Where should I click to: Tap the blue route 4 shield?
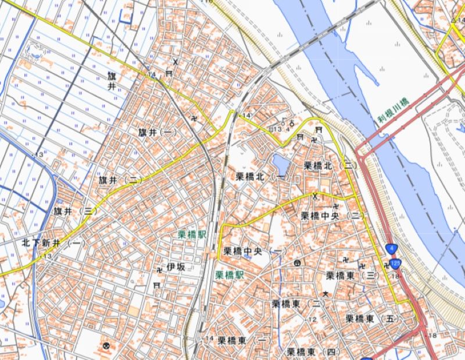(x=390, y=248)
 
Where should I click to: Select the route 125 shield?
(x=396, y=263)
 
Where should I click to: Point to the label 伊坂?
(x=176, y=267)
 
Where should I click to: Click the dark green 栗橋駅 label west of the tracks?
(x=192, y=234)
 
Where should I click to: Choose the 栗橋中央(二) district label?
(x=333, y=216)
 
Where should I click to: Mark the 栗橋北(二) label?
(x=331, y=165)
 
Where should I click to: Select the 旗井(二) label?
(x=121, y=180)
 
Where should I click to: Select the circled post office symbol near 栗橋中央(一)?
(x=297, y=263)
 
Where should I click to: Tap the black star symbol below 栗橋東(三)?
(x=326, y=294)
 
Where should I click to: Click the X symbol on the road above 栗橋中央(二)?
(x=315, y=196)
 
